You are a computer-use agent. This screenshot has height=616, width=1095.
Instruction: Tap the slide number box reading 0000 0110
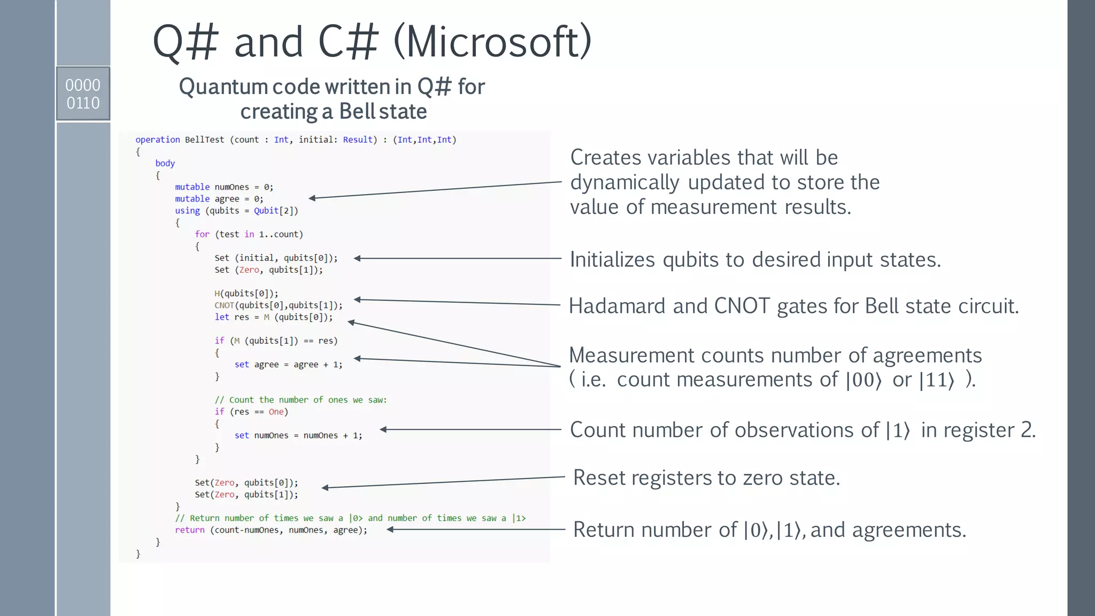(83, 94)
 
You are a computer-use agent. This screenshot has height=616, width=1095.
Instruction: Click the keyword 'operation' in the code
(157, 140)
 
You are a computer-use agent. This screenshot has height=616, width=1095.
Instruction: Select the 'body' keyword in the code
(165, 163)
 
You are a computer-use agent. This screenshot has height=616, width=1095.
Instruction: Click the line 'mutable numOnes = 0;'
(224, 187)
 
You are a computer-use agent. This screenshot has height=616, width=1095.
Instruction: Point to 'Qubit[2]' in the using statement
(274, 211)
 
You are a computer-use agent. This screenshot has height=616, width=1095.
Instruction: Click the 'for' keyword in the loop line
(202, 234)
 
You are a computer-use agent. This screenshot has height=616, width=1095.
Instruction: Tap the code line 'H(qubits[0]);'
(246, 294)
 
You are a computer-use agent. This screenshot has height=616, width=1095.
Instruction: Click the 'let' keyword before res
(221, 317)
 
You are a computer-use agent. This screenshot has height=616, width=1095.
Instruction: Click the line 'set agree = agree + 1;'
(288, 365)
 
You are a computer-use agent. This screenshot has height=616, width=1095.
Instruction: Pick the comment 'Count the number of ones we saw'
(300, 400)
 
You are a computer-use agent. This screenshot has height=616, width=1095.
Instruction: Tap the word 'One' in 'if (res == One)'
(276, 412)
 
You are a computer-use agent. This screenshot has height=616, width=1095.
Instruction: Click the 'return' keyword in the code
(189, 530)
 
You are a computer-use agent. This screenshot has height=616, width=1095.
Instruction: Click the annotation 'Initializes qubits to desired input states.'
(755, 260)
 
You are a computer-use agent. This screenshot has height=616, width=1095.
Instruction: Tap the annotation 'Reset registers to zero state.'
(706, 478)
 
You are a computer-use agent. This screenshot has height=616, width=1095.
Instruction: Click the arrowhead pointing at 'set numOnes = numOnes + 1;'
(383, 429)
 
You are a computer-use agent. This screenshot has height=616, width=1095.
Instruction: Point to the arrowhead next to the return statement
(390, 529)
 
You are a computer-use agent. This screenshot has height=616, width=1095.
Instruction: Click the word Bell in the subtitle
(357, 111)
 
